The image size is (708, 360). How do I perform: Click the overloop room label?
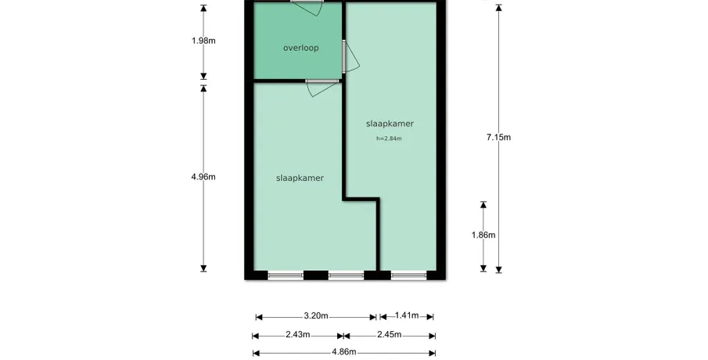[x=300, y=48]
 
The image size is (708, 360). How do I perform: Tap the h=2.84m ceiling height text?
[x=389, y=139]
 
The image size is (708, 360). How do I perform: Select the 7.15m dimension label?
[x=498, y=137]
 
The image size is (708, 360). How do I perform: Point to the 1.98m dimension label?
[x=203, y=41]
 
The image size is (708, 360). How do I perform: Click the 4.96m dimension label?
[x=203, y=177]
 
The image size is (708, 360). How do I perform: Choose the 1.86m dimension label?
[x=483, y=235]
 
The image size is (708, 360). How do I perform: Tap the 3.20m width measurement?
[x=315, y=315]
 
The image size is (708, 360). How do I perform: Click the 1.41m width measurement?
[x=406, y=315]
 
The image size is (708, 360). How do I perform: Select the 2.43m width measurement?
[x=297, y=335]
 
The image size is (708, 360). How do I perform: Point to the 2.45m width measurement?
[x=390, y=335]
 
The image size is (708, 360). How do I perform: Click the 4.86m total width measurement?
[x=344, y=352]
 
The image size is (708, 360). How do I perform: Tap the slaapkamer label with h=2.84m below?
[x=390, y=124]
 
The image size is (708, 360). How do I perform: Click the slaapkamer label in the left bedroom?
[x=300, y=178]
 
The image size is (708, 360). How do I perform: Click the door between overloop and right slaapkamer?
[x=350, y=56]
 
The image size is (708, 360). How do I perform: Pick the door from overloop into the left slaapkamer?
[x=322, y=88]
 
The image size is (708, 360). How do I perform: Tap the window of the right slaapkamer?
[x=408, y=275]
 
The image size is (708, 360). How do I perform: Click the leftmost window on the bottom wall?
[x=286, y=275]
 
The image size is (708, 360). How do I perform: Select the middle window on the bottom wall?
[x=346, y=275]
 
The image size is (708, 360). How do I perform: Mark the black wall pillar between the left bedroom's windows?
[x=315, y=275]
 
